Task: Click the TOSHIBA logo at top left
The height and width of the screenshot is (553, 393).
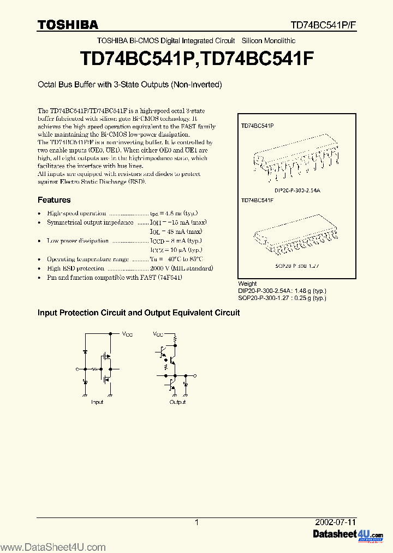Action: [x=68, y=25]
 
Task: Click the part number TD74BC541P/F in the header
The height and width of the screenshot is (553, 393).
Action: [x=323, y=25]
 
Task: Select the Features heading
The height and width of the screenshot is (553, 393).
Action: [x=54, y=200]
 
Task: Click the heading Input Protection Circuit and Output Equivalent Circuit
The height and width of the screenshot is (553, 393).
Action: [x=138, y=313]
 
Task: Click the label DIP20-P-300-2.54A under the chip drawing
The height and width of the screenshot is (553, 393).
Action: [x=297, y=190]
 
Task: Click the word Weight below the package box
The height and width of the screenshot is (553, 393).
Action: [x=247, y=284]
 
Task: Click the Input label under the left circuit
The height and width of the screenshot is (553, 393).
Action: [x=97, y=402]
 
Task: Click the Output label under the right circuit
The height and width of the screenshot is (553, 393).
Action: [x=177, y=402]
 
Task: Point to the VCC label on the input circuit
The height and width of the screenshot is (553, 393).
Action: [x=127, y=333]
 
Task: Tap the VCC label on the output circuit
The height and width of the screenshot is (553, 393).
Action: [x=158, y=333]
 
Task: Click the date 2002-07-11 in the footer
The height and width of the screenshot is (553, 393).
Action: [x=336, y=522]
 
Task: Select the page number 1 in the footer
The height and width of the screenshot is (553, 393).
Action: [x=196, y=522]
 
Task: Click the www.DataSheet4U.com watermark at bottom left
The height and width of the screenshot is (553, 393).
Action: [x=53, y=547]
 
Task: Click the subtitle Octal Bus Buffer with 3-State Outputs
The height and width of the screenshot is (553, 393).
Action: [x=129, y=85]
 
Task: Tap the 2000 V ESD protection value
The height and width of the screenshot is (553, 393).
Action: [x=159, y=268]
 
